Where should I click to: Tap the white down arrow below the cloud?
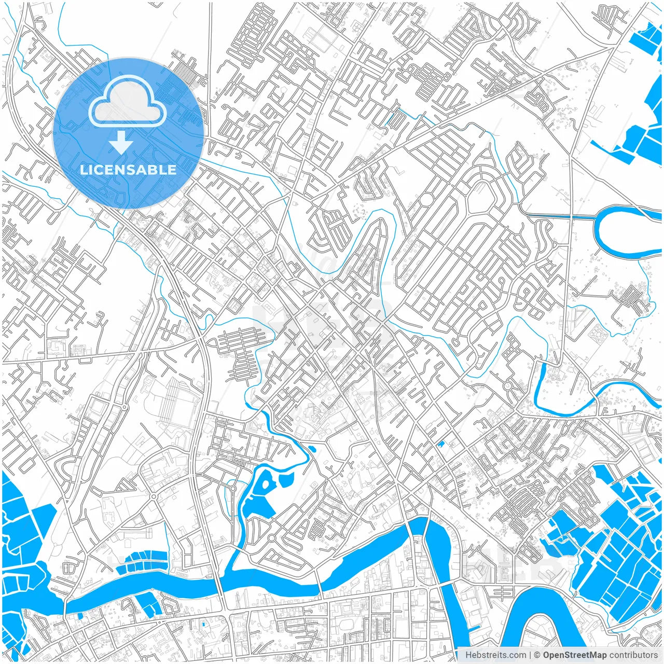(x=120, y=143)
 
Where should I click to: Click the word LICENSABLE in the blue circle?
(x=128, y=170)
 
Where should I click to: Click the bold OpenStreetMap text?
(x=574, y=655)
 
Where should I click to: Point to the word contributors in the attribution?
(x=633, y=655)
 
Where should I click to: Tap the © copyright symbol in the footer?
(x=537, y=655)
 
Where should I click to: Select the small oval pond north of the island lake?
(x=312, y=449)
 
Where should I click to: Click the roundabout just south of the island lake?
(x=271, y=538)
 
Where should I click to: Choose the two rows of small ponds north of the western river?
(x=141, y=561)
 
